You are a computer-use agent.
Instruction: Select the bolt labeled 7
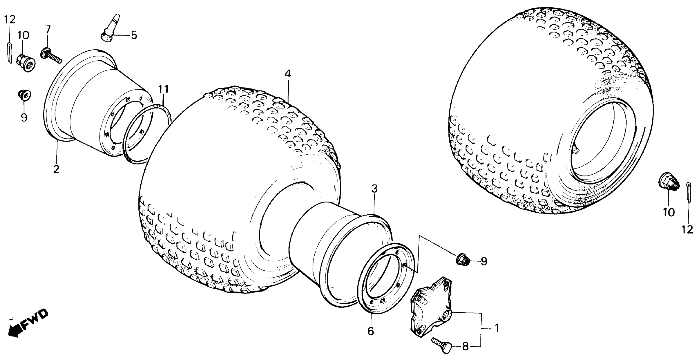[x=52, y=55]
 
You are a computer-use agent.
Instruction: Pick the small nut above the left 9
[x=24, y=94]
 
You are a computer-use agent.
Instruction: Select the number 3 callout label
[x=374, y=189]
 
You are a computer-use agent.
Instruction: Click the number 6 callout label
[x=371, y=331]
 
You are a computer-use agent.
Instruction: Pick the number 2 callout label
[x=56, y=169]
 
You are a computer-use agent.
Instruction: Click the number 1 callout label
[x=496, y=328]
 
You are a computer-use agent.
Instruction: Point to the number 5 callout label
[x=134, y=35]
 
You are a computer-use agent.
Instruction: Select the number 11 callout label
[x=164, y=89]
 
